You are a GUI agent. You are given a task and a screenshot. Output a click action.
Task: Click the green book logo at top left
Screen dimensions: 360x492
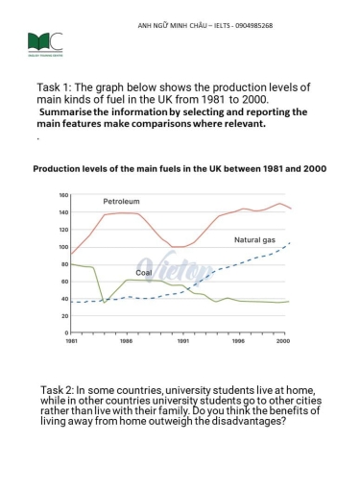pos(46,44)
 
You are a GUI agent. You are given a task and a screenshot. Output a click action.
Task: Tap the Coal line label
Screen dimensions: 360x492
pos(143,273)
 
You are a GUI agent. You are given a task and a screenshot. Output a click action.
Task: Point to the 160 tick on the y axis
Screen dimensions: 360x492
pos(63,195)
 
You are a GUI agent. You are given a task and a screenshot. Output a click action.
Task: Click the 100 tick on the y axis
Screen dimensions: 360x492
pos(63,247)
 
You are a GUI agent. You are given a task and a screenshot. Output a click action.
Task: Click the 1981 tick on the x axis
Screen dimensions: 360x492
pos(72,340)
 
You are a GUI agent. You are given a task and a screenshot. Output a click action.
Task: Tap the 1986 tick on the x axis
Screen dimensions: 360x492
pos(126,340)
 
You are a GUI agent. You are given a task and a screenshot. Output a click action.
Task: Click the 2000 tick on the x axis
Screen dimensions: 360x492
pos(282,340)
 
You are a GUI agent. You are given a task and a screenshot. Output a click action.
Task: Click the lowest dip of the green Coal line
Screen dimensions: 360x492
pos(106,303)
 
